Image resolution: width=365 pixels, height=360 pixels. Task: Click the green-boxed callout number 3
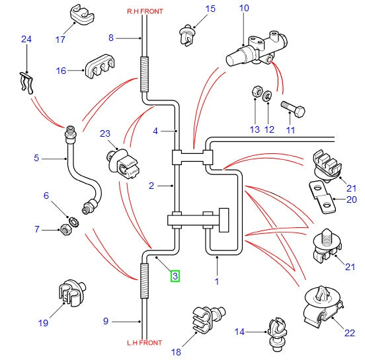[175, 276]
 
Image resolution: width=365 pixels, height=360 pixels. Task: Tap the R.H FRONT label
[145, 11]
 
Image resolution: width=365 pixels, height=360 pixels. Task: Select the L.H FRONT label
[145, 343]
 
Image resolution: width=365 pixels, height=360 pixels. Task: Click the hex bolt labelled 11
[293, 108]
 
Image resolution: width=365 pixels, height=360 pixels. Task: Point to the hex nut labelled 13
[257, 91]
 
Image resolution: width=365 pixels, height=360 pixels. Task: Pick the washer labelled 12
[268, 95]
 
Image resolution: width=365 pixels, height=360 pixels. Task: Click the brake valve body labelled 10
[257, 49]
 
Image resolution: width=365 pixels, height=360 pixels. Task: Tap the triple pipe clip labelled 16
[101, 66]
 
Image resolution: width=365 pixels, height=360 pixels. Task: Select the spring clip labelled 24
[26, 83]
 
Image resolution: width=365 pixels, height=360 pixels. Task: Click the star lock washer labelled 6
[74, 222]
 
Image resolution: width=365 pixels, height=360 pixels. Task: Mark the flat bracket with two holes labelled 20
[323, 197]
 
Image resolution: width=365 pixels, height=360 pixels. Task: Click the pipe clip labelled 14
[277, 334]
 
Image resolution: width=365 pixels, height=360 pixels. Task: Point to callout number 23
[105, 133]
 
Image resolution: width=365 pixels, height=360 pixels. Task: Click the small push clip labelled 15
[188, 34]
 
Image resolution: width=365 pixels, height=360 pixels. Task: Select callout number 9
[106, 321]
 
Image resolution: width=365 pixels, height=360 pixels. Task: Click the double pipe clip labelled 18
[208, 319]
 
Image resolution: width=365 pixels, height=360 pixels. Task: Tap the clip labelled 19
[71, 293]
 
